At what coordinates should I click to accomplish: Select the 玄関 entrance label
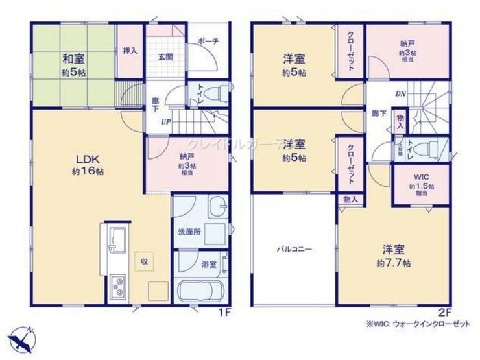coord(165,56)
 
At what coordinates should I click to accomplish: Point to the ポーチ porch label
coord(210,41)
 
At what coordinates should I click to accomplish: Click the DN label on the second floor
coord(401,94)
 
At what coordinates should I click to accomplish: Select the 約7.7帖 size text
coord(393,263)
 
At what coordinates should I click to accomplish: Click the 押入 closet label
coord(130,50)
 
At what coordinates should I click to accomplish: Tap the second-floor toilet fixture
coord(427,147)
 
